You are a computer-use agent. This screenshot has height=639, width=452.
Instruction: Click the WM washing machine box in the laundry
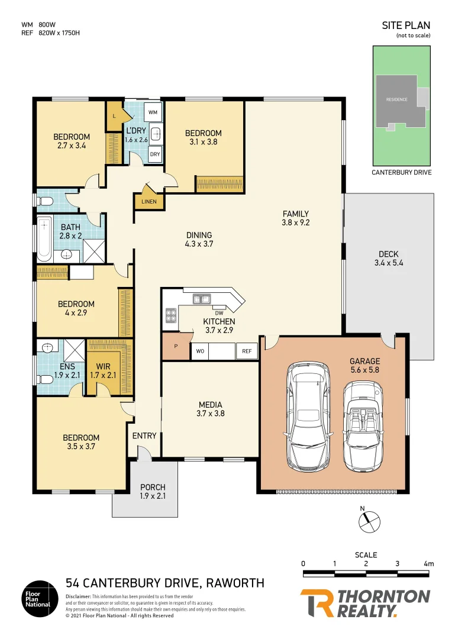(x=153, y=112)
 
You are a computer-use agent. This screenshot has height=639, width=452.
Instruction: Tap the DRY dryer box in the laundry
(x=154, y=154)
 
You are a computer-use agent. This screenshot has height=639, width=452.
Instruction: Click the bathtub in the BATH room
(x=44, y=240)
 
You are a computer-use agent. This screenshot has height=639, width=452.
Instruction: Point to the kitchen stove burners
(x=171, y=315)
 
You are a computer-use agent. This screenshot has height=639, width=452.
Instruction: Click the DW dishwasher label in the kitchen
(x=218, y=313)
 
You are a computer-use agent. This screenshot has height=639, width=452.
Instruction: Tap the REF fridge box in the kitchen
(x=247, y=351)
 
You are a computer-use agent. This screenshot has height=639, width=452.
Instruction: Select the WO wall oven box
(x=199, y=351)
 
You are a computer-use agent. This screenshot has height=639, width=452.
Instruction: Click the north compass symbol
(x=367, y=521)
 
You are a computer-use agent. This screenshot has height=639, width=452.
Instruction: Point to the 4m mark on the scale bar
(x=429, y=564)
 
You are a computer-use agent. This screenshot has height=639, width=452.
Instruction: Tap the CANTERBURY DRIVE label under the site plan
(x=401, y=172)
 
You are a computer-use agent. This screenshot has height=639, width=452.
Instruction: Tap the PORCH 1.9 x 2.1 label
(x=152, y=492)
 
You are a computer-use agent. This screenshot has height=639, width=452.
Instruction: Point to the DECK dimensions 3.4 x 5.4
(x=388, y=263)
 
